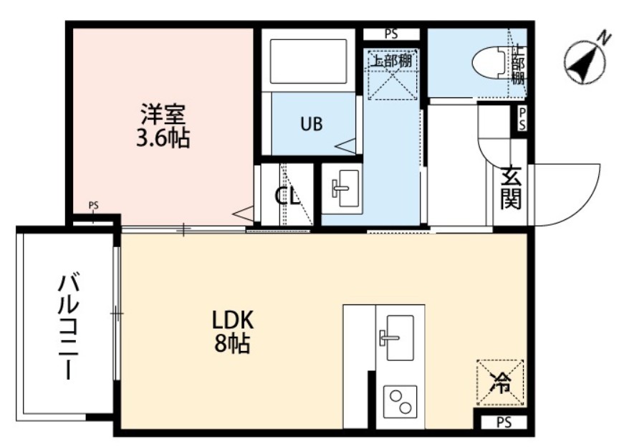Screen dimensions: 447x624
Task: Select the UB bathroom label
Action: [x=310, y=124]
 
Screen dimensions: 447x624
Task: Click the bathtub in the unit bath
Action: [x=310, y=60]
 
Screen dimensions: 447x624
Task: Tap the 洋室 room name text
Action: [x=163, y=113]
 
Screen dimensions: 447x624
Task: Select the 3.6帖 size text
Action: [x=163, y=138]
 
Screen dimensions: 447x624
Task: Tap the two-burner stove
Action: [x=399, y=400]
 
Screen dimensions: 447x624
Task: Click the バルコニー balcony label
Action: [x=68, y=326]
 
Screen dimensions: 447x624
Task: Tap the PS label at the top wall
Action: [x=390, y=34]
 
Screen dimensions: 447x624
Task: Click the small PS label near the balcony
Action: [x=93, y=206]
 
